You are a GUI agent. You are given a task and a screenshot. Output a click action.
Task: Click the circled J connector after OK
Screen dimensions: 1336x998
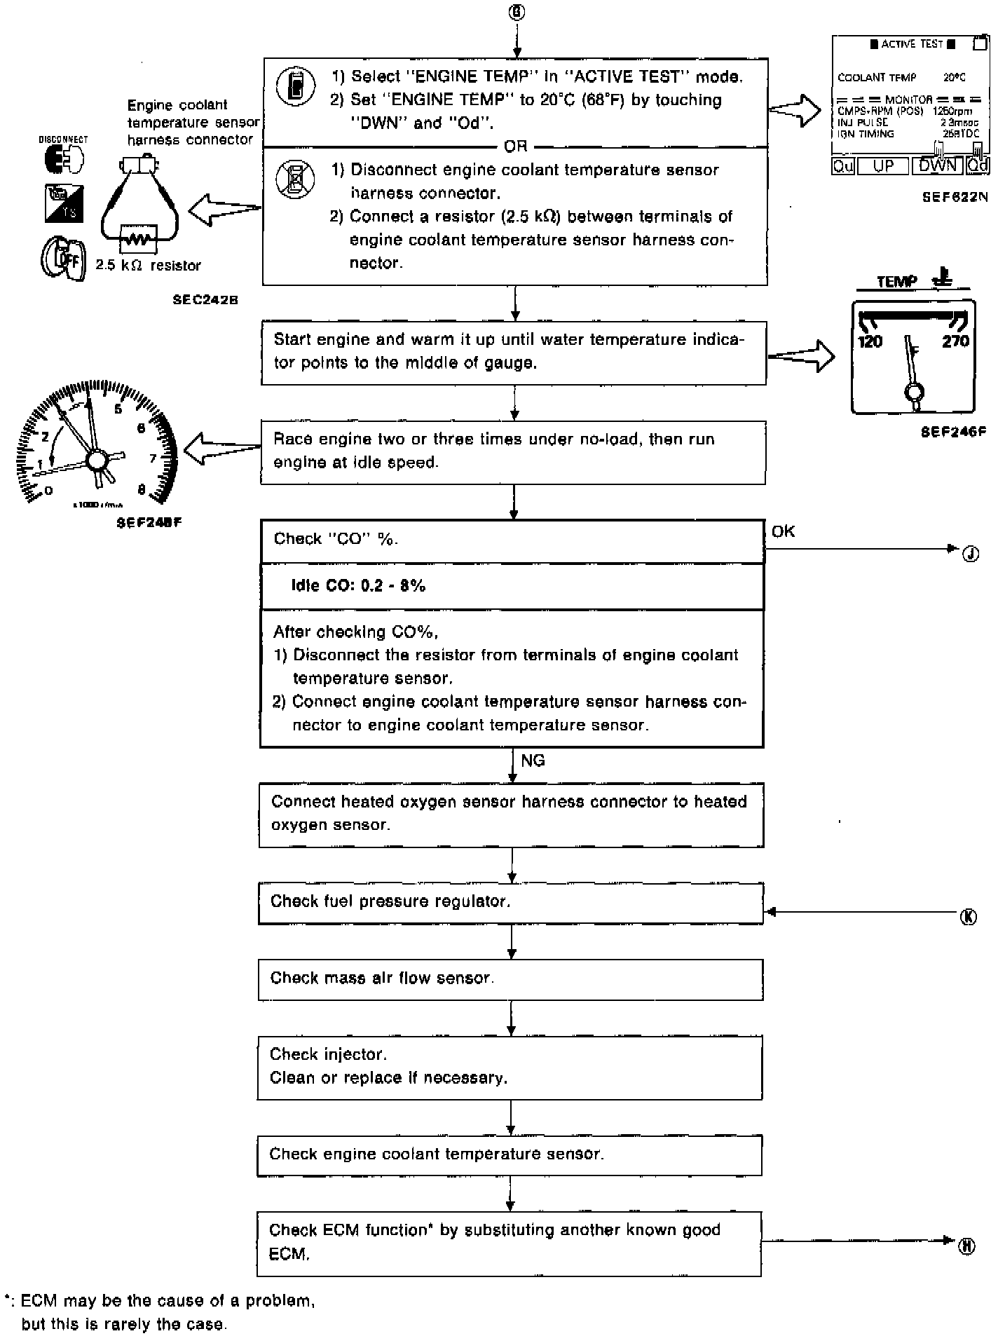[970, 554]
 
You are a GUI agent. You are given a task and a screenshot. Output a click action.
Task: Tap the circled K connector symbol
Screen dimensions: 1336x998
[969, 917]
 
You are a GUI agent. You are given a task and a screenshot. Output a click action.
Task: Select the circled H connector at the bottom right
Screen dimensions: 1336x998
[966, 1246]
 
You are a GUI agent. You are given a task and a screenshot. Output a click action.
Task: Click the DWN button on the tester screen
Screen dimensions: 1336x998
[937, 165]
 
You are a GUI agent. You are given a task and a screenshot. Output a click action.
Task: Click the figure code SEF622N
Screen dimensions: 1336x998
[955, 198]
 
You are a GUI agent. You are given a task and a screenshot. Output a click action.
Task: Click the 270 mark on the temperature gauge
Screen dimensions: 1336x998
[955, 341]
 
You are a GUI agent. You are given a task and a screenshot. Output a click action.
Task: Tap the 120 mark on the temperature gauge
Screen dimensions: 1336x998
[870, 341]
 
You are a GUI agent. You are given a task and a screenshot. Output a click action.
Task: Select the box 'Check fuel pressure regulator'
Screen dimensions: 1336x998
[510, 903]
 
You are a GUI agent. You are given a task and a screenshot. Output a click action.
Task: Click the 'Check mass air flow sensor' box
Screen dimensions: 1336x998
[510, 979]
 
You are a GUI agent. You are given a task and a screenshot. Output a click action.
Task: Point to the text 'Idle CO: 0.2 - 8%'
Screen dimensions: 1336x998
[358, 586]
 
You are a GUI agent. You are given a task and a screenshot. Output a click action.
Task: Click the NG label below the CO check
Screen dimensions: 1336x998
[533, 761]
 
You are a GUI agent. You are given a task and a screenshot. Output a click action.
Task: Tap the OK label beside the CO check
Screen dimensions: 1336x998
[783, 531]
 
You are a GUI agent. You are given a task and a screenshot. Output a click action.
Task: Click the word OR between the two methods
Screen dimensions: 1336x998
[515, 146]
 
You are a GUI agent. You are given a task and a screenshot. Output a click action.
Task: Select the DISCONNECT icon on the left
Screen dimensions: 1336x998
[63, 158]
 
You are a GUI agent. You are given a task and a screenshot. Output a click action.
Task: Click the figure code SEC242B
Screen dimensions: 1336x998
[205, 299]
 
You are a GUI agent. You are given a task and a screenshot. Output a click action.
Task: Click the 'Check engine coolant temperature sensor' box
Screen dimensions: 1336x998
[509, 1154]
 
